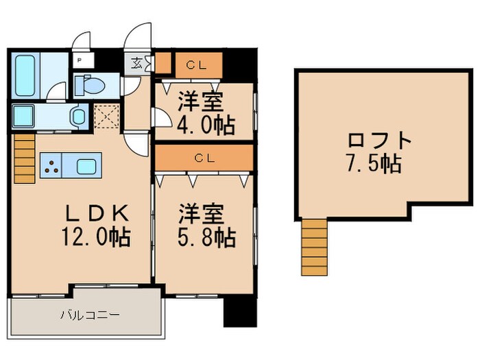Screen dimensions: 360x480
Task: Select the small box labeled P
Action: (x=80, y=60)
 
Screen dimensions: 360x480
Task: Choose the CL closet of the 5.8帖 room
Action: (x=204, y=158)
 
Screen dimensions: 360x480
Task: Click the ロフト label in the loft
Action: (x=379, y=141)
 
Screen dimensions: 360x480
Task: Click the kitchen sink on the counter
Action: (x=87, y=166)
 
